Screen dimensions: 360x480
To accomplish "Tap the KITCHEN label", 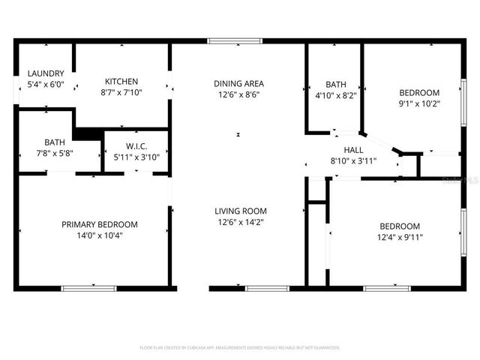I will pos(121,81).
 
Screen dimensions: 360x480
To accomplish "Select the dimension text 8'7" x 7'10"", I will pos(121,92).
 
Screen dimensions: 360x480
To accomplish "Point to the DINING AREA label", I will pos(238,83).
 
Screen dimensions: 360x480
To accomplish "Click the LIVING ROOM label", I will pos(240,211).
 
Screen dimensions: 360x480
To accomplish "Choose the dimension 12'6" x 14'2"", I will pos(240,222).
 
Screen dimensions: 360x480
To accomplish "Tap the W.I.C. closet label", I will pos(136,146).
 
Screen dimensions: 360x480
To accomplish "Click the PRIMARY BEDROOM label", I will pos(100,224).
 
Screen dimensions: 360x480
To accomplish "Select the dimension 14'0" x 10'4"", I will pos(100,235).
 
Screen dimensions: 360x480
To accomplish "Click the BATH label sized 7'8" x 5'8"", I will pos(54,142).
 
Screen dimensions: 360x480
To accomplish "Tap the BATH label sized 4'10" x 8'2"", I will pos(335,84).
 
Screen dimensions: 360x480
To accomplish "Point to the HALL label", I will pos(354,149).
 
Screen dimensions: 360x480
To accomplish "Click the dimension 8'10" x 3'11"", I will pos(354,160).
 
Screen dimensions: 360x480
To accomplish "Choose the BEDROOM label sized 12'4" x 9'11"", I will pos(399,226).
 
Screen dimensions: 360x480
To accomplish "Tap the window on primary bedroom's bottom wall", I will pos(88,288).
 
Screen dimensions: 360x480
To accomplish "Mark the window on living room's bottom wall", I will pos(267,288).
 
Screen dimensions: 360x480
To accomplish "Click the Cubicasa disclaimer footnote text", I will pos(240,347).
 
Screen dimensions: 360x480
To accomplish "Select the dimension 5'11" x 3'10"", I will pos(136,157).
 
